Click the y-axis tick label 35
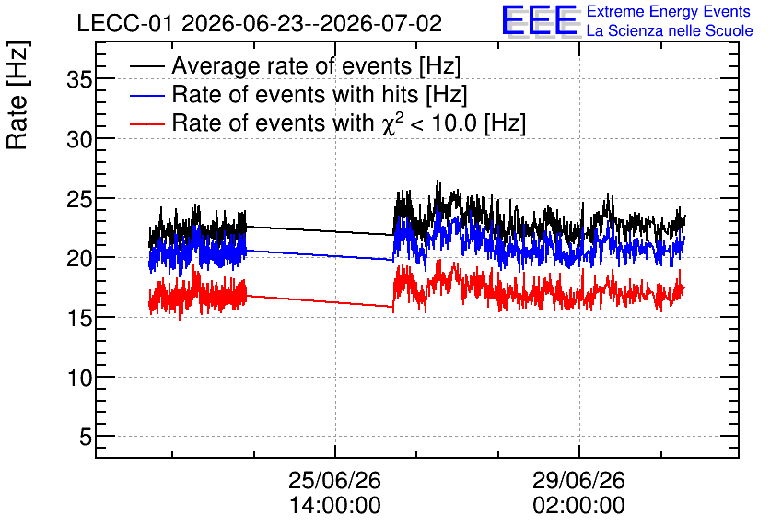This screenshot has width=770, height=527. coord(79,79)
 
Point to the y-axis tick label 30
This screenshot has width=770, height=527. coord(79,139)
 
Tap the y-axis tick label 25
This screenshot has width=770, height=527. coord(79,199)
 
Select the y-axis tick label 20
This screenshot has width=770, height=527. coord(79,258)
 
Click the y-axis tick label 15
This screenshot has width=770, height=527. coord(79,318)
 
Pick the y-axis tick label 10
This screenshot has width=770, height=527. coord(79,378)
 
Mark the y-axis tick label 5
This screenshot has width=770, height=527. coord(86,437)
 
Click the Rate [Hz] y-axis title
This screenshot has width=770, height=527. coord(17,95)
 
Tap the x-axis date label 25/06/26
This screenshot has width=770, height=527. coord(334,480)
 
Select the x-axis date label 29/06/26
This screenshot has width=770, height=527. coord(578,480)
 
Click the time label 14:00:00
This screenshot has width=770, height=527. coord(334,506)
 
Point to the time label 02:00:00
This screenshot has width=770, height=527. coord(578,506)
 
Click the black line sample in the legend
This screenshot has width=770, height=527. coord(146,66)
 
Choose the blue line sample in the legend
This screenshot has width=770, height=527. coord(146,95)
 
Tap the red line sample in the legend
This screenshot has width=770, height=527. coord(146,123)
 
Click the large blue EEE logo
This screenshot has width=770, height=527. coord(539,21)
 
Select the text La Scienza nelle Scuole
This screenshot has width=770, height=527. coord(670,31)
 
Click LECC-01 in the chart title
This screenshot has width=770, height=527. coord(124,24)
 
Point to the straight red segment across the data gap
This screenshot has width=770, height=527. coord(320,301)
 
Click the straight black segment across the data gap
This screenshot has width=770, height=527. coord(320,231)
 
